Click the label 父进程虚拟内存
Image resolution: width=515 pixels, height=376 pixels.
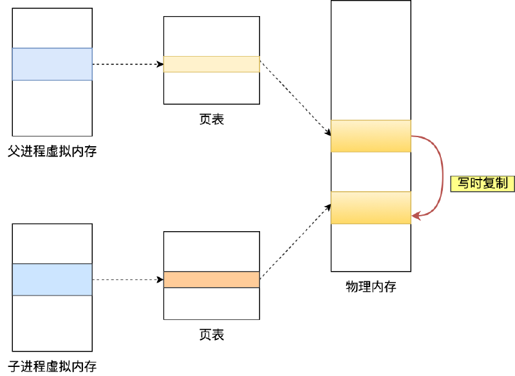click(52, 153)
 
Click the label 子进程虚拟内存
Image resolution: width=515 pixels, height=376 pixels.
click(52, 366)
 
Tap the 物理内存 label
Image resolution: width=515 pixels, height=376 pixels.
click(371, 287)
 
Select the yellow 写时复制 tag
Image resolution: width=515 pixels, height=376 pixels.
click(482, 183)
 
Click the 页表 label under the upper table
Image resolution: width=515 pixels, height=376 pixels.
click(212, 120)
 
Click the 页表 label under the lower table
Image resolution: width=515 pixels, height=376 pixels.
click(212, 335)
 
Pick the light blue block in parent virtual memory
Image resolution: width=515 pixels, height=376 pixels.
click(52, 64)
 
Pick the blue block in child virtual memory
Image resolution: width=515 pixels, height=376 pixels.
click(52, 279)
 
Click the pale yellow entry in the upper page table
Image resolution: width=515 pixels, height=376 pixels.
click(211, 64)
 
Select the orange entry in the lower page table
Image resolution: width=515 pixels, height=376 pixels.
click(211, 279)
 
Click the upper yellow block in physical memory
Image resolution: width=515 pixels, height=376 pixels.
click(371, 136)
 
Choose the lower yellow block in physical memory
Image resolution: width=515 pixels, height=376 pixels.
click(371, 207)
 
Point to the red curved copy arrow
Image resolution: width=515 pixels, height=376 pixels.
click(442, 174)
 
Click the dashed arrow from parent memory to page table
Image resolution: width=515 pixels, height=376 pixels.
click(127, 64)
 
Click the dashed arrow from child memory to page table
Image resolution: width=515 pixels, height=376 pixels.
click(127, 279)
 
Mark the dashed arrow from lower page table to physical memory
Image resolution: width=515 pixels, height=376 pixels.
click(295, 242)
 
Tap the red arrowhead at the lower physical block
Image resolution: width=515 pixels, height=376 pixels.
click(416, 216)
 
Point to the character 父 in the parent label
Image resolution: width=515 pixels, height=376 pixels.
click(14, 153)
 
